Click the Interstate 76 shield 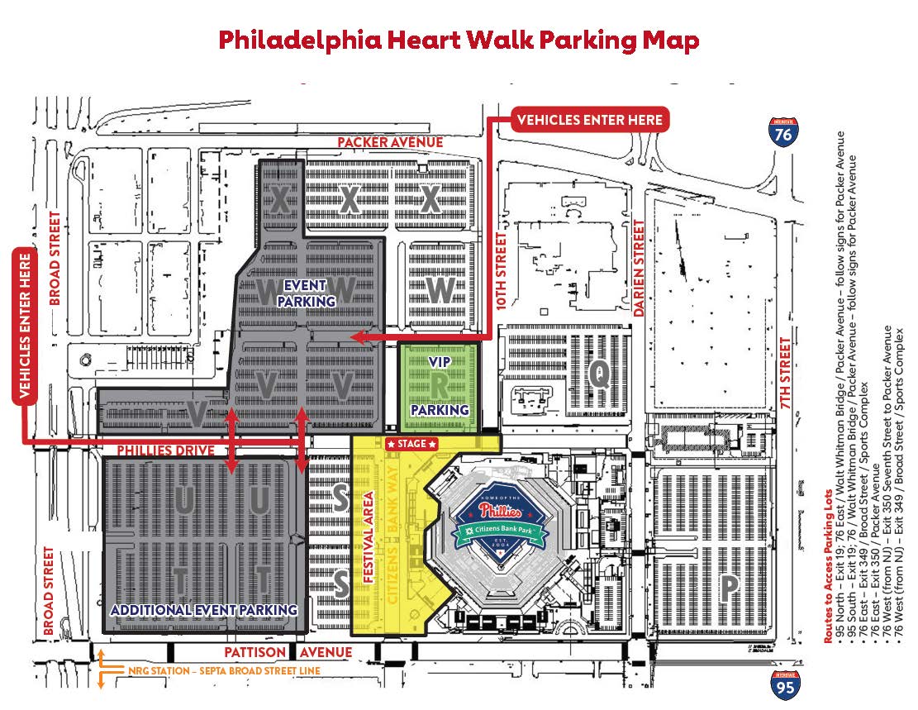coord(782,132)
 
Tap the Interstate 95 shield coord(785,685)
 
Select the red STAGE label coord(411,444)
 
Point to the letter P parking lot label coord(729,588)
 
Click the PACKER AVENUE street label coord(389,142)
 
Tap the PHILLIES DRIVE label coord(166,451)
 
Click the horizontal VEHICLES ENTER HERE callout coord(589,120)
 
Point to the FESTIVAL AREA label coord(369,537)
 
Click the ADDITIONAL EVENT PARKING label coord(204,610)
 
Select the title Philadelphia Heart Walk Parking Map coord(459,40)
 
